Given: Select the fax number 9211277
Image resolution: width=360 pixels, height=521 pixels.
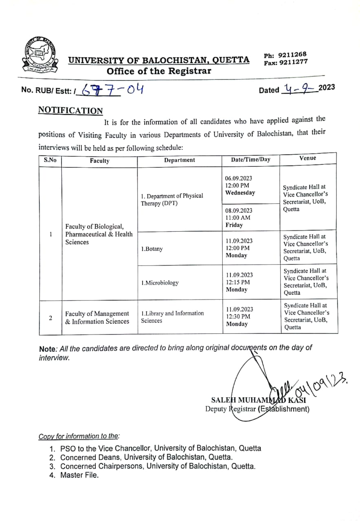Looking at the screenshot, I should tap(292, 62).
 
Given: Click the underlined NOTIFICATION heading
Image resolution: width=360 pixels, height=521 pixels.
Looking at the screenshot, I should tap(70, 110).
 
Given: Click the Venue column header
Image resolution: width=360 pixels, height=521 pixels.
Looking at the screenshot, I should tap(307, 158).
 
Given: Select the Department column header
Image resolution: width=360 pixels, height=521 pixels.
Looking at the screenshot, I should tap(179, 160).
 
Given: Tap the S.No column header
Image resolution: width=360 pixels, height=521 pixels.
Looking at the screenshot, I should tap(50, 160).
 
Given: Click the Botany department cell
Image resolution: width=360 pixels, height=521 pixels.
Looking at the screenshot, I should tap(152, 249).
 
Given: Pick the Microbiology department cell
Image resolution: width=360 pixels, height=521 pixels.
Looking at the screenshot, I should tap(160, 283).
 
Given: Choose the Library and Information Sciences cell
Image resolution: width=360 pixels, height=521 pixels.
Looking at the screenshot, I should tap(172, 317).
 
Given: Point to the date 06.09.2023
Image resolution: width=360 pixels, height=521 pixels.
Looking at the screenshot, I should tap(239, 178).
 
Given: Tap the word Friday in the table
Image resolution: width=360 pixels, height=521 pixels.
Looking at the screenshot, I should tap(234, 225).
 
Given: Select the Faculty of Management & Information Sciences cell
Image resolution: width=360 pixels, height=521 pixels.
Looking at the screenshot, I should tap(97, 317).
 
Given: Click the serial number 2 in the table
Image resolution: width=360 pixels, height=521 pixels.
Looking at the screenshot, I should tap(50, 317).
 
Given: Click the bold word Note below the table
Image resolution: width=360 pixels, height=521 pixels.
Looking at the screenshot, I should tap(47, 349).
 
